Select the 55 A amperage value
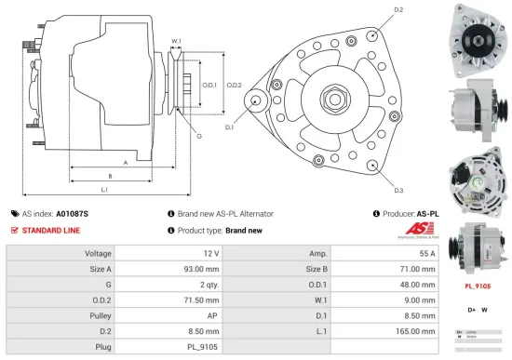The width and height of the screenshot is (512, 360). point(426,253)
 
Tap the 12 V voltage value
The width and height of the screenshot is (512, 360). point(210,253)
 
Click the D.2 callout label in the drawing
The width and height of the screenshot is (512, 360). point(398,10)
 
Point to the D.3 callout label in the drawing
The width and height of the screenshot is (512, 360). point(398,190)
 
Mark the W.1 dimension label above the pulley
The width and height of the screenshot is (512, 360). point(176,41)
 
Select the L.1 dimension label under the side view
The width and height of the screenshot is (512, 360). point(104,190)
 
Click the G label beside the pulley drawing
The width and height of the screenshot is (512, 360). point(198,137)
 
